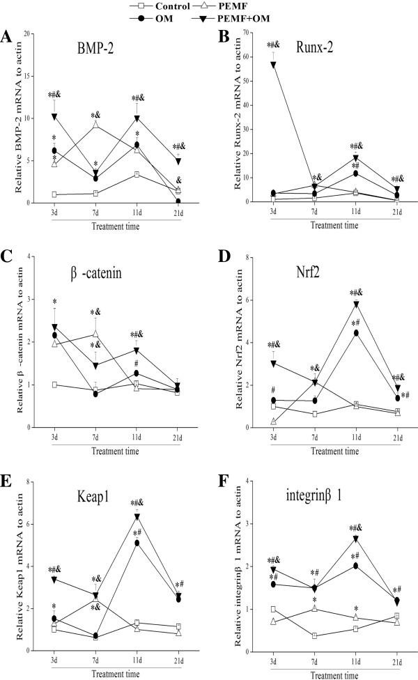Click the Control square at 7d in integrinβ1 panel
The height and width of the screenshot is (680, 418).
pos(296,635)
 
